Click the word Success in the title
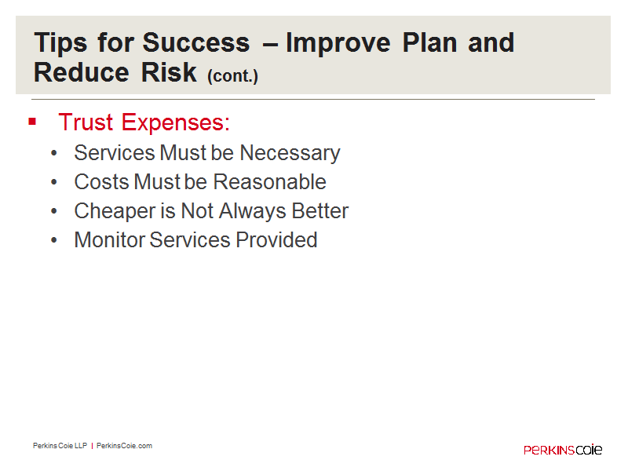pos(195,42)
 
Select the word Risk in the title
pos(169,72)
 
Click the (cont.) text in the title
pos(232,75)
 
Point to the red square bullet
pos(32,121)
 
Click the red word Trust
pos(86,122)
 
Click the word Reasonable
pos(269,182)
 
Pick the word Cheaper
pos(115,212)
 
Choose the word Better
pos(320,210)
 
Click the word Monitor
pos(110,240)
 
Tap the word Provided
pos(276,240)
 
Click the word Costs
pos(102,182)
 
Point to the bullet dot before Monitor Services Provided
pos(54,240)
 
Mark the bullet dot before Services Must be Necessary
pos(54,153)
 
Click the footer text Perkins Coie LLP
pos(60,446)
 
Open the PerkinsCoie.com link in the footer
pos(124,446)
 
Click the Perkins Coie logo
pos(563,449)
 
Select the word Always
pos(253,212)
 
